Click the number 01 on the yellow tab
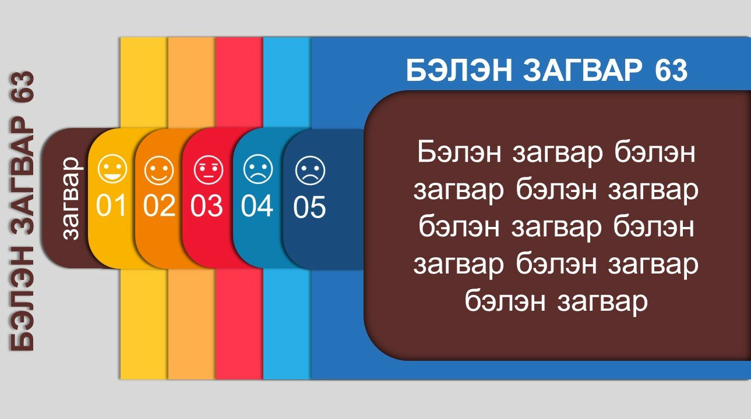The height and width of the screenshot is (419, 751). (x=111, y=205)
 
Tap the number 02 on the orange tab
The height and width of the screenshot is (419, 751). (x=159, y=205)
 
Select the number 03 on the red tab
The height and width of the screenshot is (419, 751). (x=206, y=205)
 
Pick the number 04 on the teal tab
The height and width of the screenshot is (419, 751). (x=257, y=205)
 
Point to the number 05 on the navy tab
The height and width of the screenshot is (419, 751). (x=309, y=207)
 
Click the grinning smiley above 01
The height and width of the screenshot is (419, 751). (x=112, y=169)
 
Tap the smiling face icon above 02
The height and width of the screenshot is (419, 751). (x=159, y=170)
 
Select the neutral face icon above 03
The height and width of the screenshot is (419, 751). (x=208, y=170)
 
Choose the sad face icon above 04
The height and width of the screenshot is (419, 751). (x=258, y=169)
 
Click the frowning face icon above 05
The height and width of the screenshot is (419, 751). (x=310, y=171)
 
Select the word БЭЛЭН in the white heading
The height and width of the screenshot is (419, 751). (x=459, y=70)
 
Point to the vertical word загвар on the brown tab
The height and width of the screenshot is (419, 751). (x=71, y=198)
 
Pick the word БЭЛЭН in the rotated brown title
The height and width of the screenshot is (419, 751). (x=23, y=299)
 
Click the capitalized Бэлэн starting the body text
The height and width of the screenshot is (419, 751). (x=459, y=152)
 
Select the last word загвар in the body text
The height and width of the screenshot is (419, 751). (x=602, y=303)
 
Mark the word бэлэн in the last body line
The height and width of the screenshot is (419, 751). (x=505, y=301)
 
